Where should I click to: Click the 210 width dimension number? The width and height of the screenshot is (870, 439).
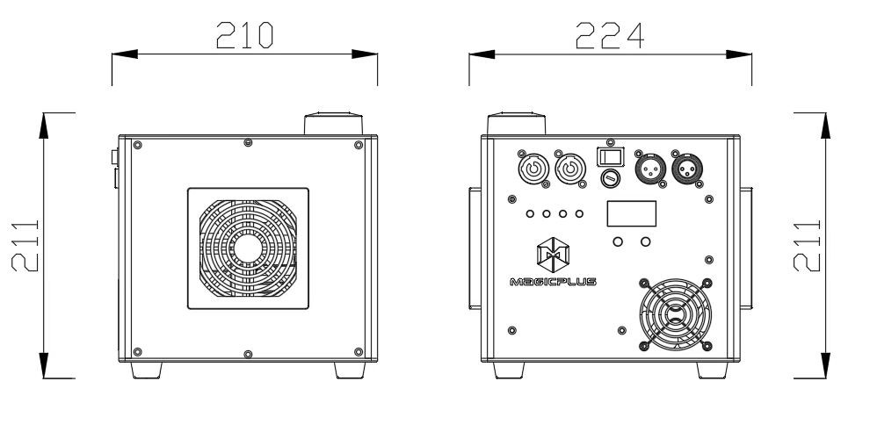point(244,35)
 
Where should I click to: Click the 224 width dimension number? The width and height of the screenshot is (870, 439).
point(609,35)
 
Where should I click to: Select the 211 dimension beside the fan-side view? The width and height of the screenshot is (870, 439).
point(25,246)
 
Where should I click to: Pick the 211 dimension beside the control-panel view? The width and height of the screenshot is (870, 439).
point(807,246)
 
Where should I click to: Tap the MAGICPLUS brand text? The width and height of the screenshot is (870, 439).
point(553,282)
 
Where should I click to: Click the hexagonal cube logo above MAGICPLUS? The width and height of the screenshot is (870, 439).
point(553,255)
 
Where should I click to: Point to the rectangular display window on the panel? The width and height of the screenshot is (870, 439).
point(632,213)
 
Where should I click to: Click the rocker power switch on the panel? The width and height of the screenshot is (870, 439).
point(611,157)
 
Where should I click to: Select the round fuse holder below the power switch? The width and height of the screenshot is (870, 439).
point(611,178)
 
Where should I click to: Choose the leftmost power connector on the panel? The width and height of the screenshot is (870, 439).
point(533,169)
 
